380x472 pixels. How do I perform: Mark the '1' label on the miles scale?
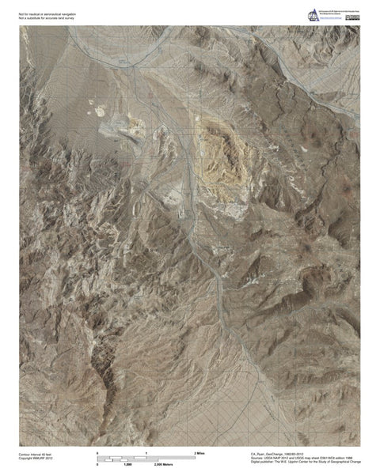(146, 451)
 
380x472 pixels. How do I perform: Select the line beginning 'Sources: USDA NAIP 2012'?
(304, 457)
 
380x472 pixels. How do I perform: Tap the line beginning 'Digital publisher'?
(304, 462)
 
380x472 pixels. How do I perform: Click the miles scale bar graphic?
(146, 456)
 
